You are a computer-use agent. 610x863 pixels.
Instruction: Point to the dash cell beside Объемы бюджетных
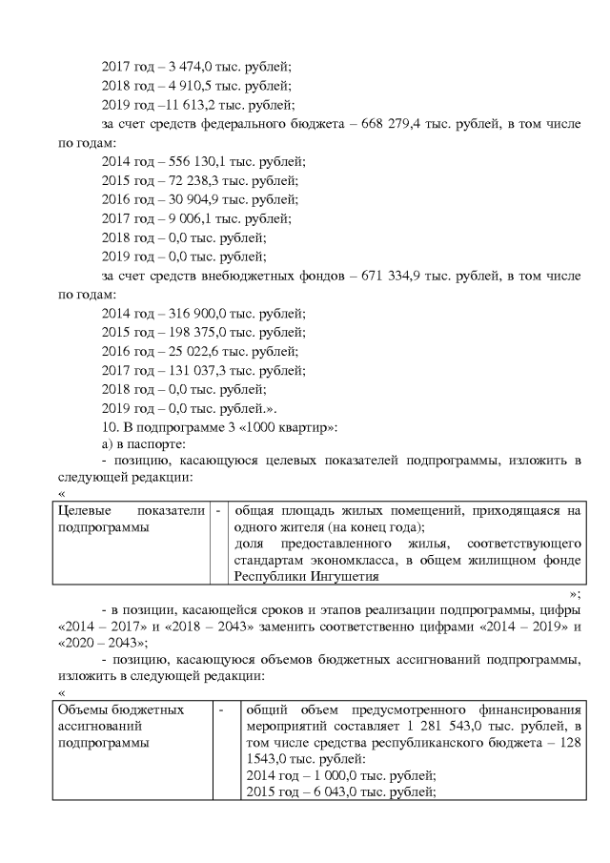coord(221,710)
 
